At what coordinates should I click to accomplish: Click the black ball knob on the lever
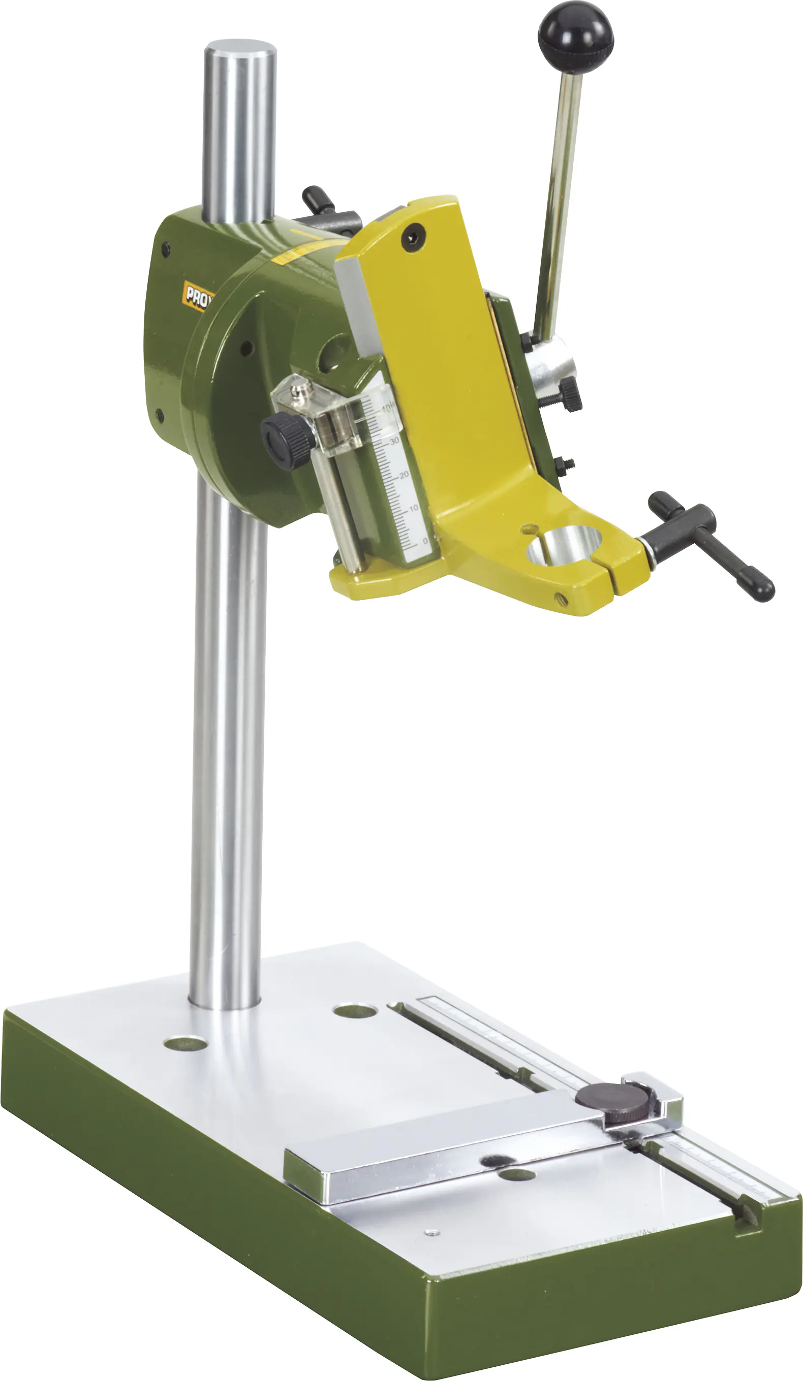point(575,37)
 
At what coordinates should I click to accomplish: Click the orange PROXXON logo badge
point(196,297)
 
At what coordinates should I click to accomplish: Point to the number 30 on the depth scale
point(394,441)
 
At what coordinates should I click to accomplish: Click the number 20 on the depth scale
point(404,475)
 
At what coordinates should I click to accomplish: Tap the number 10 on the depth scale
point(414,508)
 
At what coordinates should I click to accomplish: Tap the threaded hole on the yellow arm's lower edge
point(560,598)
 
